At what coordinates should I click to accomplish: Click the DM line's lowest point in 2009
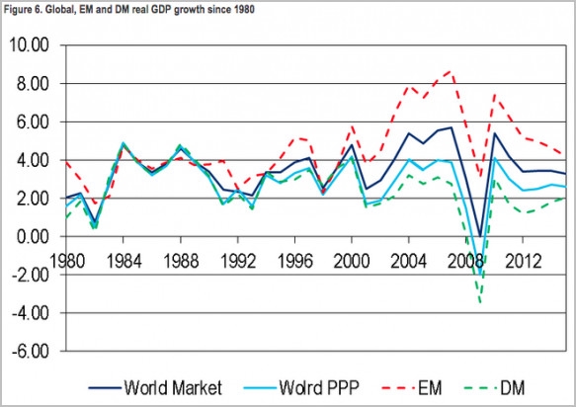click(481, 302)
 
